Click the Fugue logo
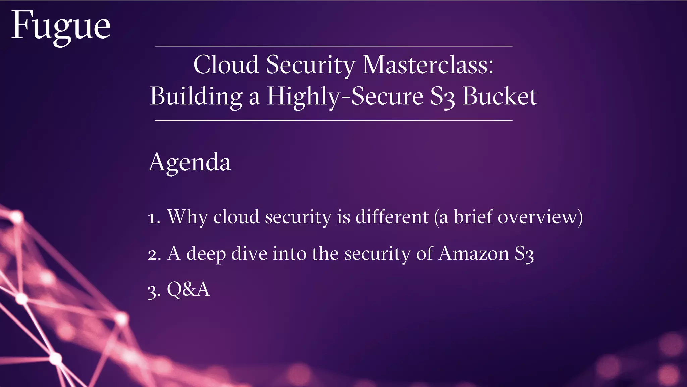[61, 27]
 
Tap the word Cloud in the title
[226, 64]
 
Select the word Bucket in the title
[499, 96]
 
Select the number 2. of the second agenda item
[154, 255]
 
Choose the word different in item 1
[392, 217]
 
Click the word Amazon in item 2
[474, 253]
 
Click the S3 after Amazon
[524, 254]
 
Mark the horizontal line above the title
[334, 46]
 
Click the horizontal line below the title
[334, 120]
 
